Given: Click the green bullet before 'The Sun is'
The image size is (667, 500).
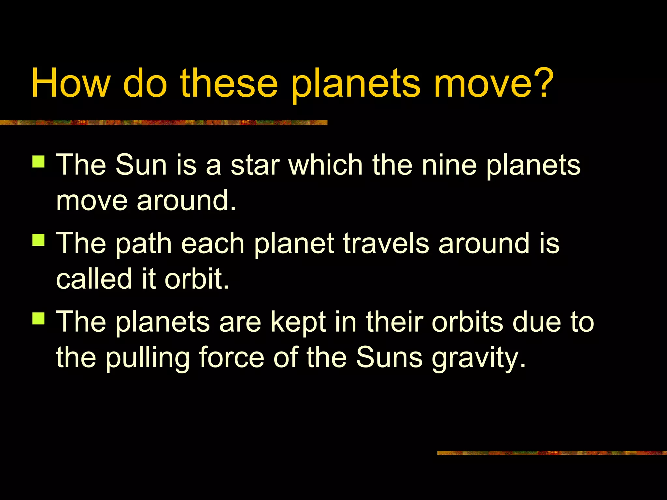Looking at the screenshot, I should click(38, 161).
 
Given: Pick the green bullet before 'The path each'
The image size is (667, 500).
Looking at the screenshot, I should click(38, 240).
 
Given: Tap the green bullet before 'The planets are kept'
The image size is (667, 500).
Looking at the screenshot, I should click(38, 318).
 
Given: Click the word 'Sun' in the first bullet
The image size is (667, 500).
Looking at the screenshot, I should click(141, 165).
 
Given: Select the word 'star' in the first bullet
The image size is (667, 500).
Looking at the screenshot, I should click(255, 165).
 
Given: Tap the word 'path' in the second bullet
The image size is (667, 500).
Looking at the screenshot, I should click(143, 244).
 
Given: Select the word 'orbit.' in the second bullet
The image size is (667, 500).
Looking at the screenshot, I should click(197, 279).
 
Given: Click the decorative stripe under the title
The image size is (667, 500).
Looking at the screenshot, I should click(163, 122).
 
